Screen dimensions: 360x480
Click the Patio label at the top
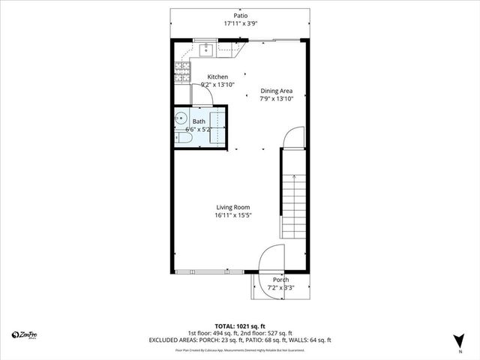click(x=240, y=15)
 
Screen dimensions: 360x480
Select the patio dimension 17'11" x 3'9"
click(x=240, y=23)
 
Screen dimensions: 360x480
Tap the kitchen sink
click(x=207, y=50)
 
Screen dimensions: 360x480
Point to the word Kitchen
click(x=217, y=76)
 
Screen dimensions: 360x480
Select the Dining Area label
click(x=276, y=90)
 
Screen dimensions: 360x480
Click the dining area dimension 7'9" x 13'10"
click(x=276, y=98)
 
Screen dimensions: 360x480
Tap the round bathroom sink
click(x=180, y=118)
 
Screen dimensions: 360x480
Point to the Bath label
click(x=199, y=121)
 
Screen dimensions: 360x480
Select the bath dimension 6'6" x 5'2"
click(x=199, y=130)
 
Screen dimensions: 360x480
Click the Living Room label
click(x=233, y=207)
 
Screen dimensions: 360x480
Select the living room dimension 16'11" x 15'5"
click(x=233, y=216)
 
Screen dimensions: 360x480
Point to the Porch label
click(x=280, y=280)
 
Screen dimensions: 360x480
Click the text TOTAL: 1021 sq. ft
click(x=240, y=325)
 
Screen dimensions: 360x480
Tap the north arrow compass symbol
click(x=459, y=339)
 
